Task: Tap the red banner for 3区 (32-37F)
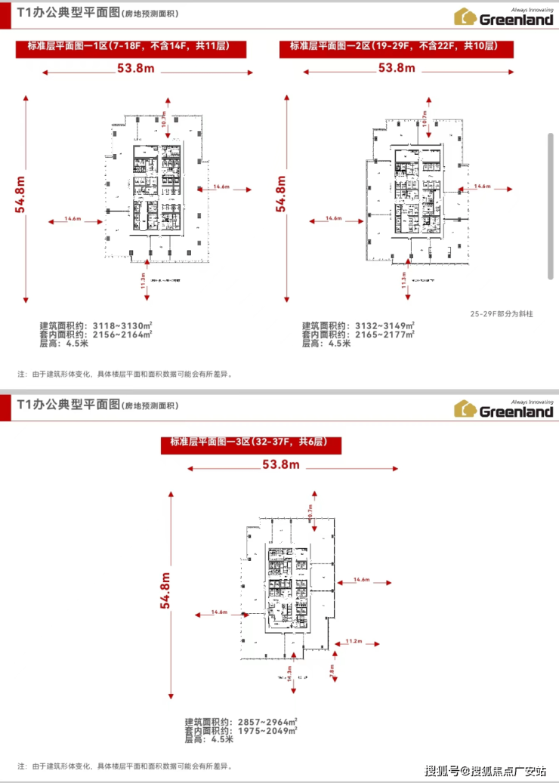(x=253, y=443)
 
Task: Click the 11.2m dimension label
(x=354, y=641)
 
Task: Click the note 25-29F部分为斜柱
(x=501, y=313)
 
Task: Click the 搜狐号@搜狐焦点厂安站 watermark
(x=485, y=770)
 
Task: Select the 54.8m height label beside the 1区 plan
(x=21, y=194)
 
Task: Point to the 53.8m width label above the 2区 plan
(x=397, y=68)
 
